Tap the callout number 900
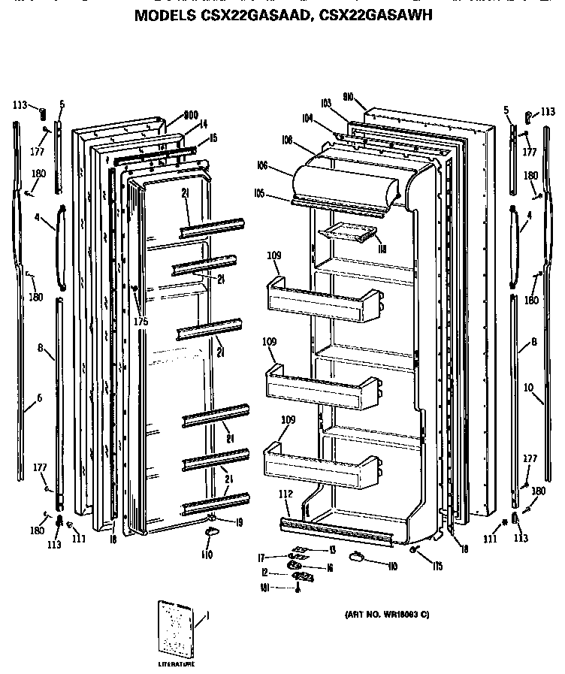(x=190, y=115)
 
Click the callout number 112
(x=285, y=494)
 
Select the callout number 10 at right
(x=529, y=388)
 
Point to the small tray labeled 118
(x=346, y=235)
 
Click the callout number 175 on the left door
(x=140, y=322)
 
